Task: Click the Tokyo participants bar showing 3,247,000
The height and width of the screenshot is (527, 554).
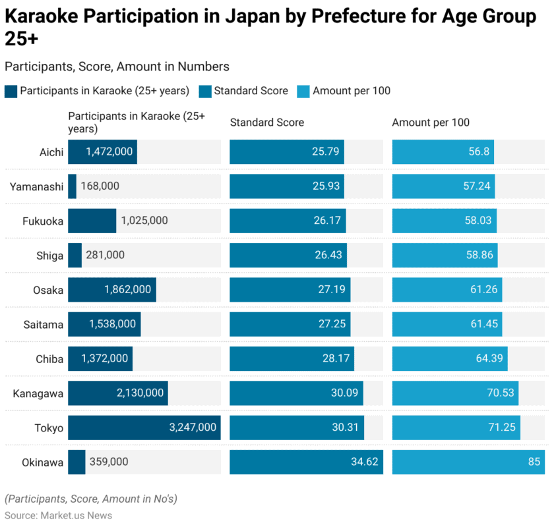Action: coord(144,428)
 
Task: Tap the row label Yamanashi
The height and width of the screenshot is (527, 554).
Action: coord(36,186)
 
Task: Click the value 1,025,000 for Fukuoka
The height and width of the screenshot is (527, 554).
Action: coord(144,221)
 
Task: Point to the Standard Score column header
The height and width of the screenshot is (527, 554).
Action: coord(266,123)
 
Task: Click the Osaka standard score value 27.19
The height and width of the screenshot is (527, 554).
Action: coord(328,289)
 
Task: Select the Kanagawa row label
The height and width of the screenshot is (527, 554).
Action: coord(38,393)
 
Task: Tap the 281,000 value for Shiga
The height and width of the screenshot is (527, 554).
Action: coord(105,255)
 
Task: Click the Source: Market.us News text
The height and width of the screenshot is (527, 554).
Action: coord(58,515)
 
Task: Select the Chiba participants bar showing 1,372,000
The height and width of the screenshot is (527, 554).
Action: coord(100,358)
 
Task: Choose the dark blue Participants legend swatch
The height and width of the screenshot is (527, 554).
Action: coord(11,91)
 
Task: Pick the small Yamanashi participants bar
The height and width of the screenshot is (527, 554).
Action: coord(72,186)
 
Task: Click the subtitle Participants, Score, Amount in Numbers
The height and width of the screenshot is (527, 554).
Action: coord(117,67)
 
